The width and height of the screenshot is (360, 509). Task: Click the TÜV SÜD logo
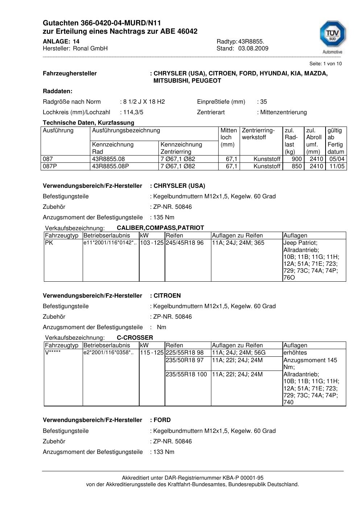[332, 36]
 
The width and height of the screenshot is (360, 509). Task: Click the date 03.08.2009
[253, 49]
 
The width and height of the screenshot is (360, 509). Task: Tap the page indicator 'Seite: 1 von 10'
[325, 64]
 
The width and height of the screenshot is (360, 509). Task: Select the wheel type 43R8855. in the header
[251, 42]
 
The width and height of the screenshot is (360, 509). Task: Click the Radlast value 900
[297, 159]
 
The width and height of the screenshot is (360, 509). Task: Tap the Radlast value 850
[297, 166]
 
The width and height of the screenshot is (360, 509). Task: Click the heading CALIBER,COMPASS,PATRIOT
[160, 228]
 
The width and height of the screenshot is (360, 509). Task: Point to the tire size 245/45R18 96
[185, 243]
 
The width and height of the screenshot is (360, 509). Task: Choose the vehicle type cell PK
[49, 243]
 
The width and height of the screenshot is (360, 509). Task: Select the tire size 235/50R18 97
[185, 360]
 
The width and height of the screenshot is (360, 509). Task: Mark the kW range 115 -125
[152, 353]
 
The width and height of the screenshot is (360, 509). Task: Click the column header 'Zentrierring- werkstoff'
[258, 134]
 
